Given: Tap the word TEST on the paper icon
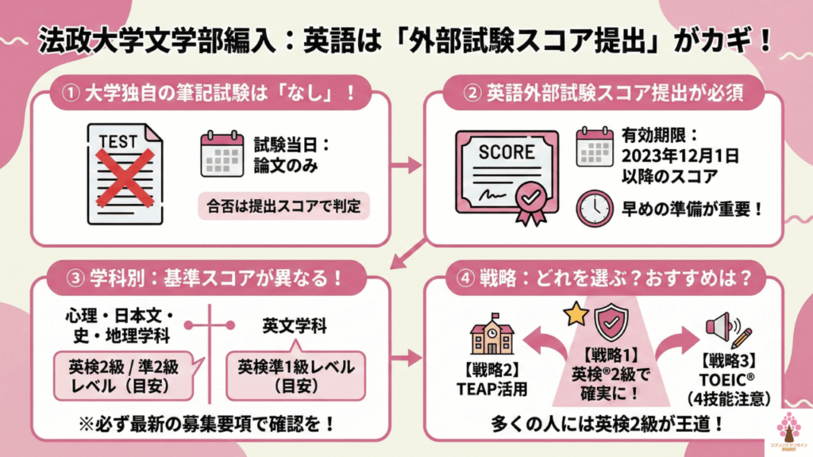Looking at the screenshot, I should coord(118,142).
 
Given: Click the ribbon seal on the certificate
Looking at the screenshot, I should coord(531,198).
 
